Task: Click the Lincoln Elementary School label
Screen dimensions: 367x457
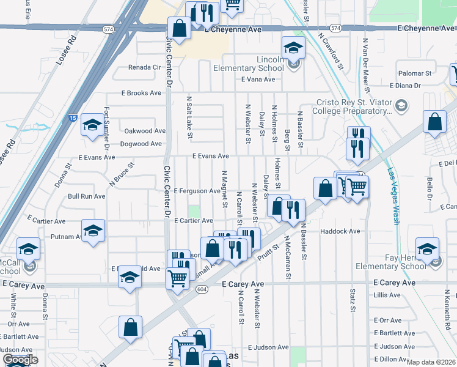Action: click(x=248, y=64)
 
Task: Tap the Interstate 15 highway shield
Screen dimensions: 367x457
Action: click(x=73, y=118)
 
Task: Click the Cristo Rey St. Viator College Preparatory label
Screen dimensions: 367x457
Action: click(x=351, y=107)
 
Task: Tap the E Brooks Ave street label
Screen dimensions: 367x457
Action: click(x=141, y=93)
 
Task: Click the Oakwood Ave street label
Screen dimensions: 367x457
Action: click(x=145, y=131)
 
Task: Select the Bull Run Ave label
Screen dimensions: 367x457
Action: click(x=86, y=196)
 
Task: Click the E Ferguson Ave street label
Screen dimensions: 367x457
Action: click(x=196, y=191)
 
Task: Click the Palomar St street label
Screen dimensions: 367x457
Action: click(x=415, y=73)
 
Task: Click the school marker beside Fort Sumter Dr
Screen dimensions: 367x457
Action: click(x=92, y=126)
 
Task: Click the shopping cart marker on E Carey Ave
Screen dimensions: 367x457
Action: click(x=177, y=278)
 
